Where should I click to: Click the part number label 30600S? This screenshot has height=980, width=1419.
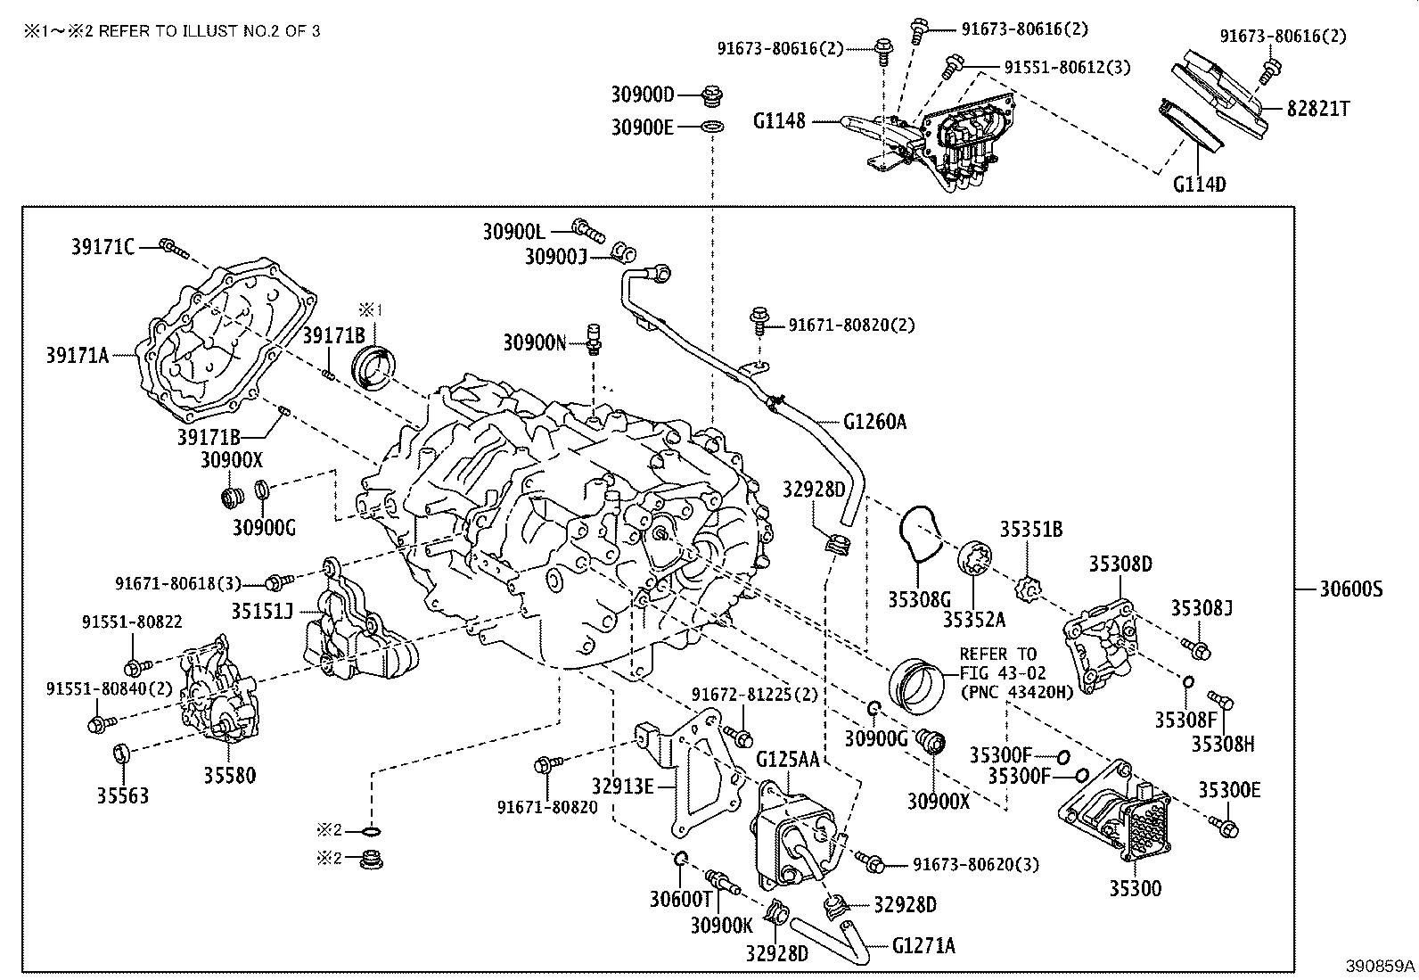[1351, 589]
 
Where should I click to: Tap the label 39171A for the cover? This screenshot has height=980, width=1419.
[78, 355]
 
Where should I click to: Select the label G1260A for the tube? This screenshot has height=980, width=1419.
[874, 422]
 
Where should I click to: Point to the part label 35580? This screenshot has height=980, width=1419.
[229, 775]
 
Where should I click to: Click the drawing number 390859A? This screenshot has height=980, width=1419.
[1381, 966]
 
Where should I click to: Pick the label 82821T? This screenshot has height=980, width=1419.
[1317, 109]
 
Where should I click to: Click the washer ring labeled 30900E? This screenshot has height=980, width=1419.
[713, 128]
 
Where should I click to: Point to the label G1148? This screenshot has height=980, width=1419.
[779, 120]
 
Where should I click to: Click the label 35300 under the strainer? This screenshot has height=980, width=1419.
[1136, 889]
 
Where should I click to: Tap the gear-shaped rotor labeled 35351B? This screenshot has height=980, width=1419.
[1028, 589]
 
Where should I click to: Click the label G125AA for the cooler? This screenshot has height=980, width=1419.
[788, 759]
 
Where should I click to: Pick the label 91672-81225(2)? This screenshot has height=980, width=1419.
[754, 695]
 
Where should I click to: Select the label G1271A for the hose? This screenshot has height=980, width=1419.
[923, 946]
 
